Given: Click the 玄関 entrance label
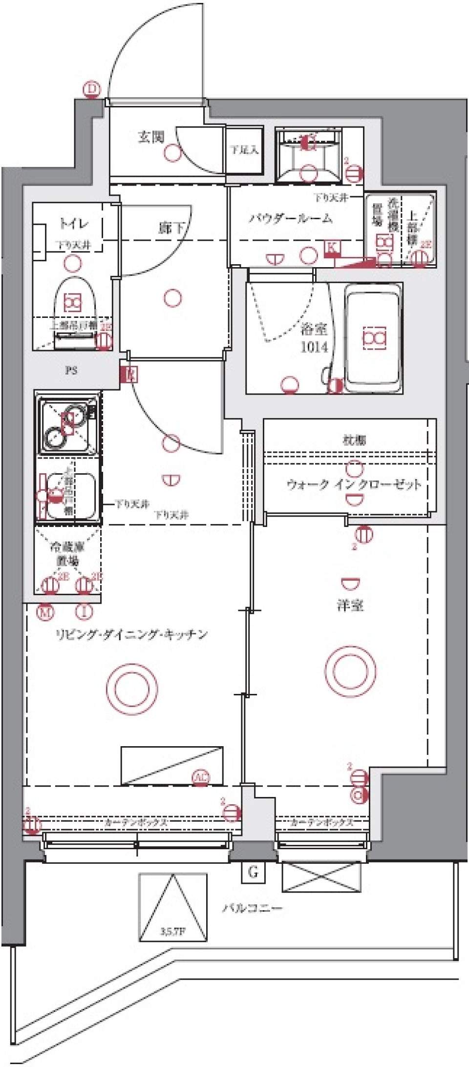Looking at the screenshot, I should (150, 137).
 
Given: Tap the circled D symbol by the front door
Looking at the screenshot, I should (91, 89).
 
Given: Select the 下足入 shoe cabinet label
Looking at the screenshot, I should (244, 150).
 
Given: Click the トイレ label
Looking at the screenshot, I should (74, 224).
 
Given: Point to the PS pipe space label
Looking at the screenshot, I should (71, 371).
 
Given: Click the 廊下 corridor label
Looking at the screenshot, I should (172, 227).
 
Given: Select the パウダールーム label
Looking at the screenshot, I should (291, 218).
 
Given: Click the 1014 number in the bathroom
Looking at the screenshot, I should (314, 347).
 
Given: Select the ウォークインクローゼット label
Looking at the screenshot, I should (354, 484).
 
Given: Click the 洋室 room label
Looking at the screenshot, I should (350, 606).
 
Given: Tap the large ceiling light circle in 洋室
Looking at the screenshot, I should (350, 669).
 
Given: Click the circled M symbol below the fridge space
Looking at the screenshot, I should (45, 611).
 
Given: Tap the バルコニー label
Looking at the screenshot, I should (252, 909).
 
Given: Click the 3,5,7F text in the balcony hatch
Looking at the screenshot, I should (172, 931).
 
